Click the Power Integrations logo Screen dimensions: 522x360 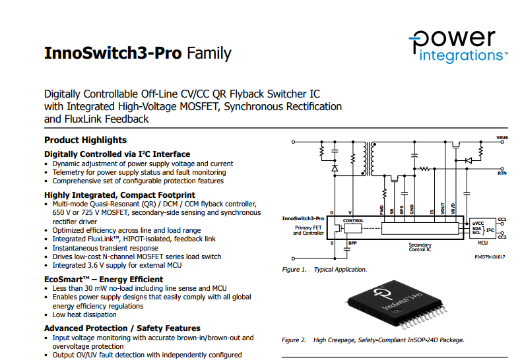[x=458, y=46]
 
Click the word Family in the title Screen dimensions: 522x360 [x=209, y=53]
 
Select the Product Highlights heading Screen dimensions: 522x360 [x=86, y=140]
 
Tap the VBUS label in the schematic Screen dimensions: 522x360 [x=502, y=137]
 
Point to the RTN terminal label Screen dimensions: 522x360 [x=502, y=173]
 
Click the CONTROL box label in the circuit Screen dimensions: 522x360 [x=353, y=221]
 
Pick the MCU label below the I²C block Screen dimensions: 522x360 [x=482, y=243]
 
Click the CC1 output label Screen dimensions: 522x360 [x=502, y=220]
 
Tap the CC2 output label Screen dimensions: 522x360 [x=502, y=237]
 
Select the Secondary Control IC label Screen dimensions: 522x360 [x=420, y=247]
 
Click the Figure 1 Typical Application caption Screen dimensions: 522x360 [x=324, y=270]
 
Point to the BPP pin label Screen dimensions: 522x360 [x=352, y=243]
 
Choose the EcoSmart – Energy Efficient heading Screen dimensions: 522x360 [x=104, y=280]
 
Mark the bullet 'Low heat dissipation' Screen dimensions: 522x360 [x=84, y=315]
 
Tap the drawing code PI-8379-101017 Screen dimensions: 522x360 [x=490, y=257]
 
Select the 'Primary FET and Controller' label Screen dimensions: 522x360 [x=308, y=230]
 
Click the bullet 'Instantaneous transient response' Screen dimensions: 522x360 [x=105, y=248]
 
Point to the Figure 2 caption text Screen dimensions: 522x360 [x=373, y=340]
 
